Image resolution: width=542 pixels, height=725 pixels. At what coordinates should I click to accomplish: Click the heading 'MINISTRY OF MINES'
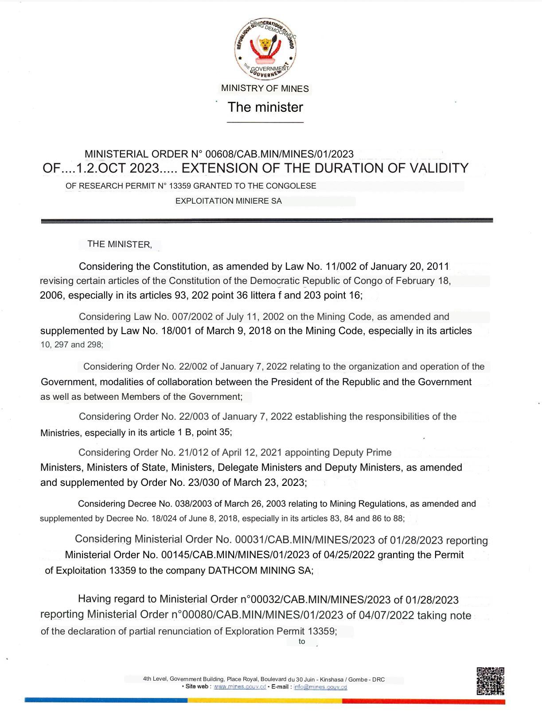[x=265, y=88]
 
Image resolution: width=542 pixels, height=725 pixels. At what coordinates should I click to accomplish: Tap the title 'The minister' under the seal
[x=265, y=107]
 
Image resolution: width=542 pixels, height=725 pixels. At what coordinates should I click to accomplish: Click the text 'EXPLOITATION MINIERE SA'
[x=228, y=201]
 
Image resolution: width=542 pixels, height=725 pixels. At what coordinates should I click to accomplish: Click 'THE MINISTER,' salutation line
[x=120, y=244]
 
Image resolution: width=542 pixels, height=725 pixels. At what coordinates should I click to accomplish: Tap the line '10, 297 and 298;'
[x=71, y=345]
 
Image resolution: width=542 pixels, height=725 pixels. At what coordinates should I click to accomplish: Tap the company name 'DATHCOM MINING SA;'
[x=261, y=571]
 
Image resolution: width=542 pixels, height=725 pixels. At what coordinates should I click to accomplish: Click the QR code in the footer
[x=490, y=681]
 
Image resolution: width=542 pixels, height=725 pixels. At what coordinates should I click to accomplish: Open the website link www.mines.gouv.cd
[x=240, y=687]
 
